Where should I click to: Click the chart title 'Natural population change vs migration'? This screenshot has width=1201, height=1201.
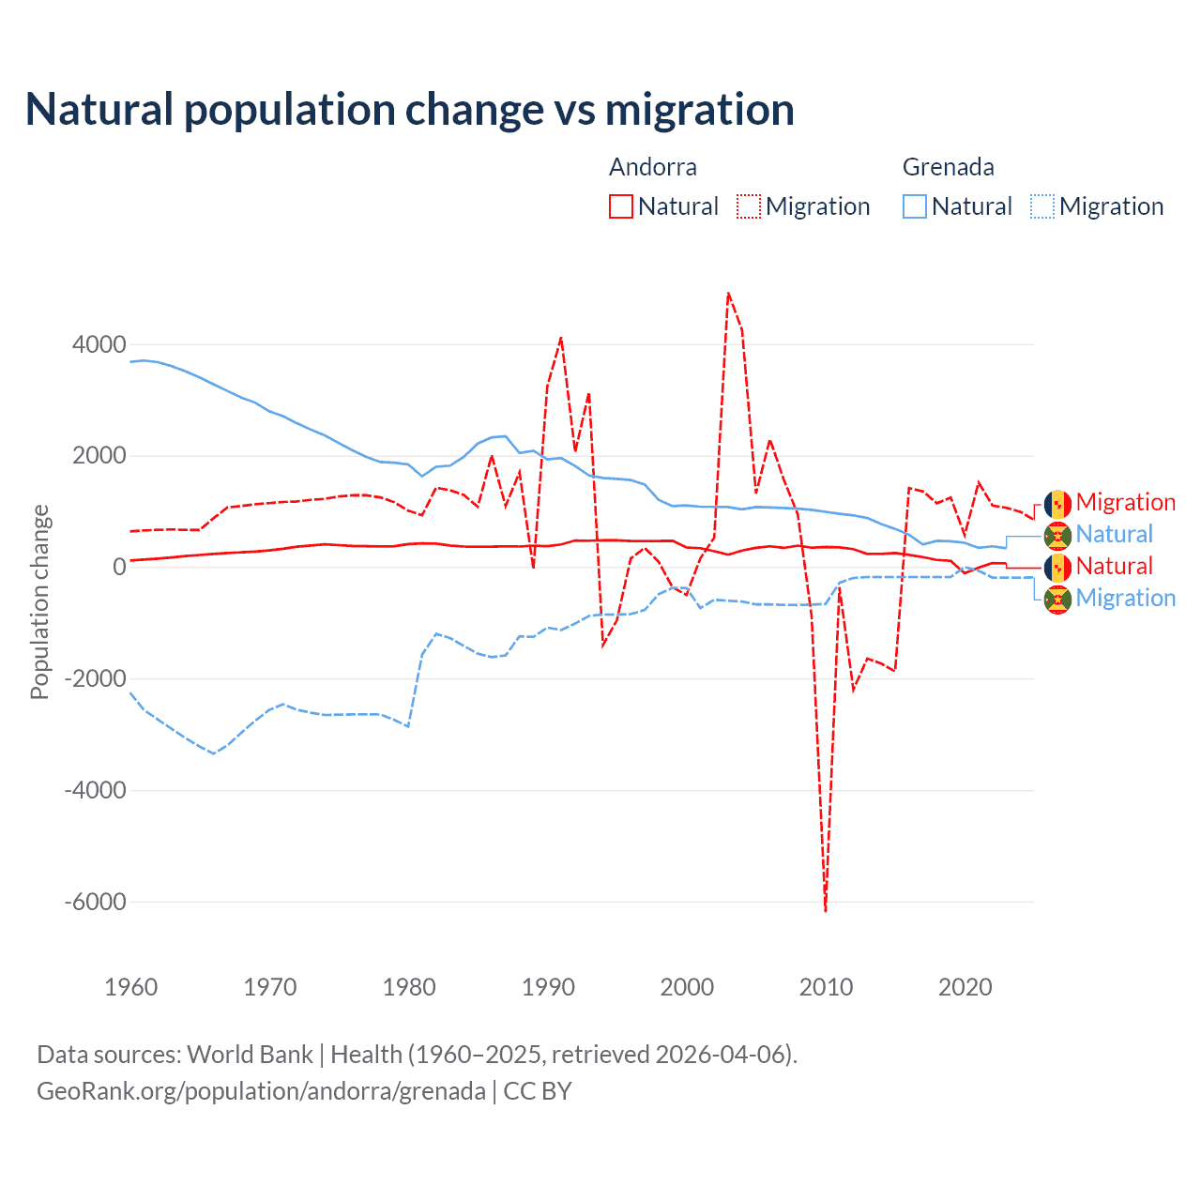coord(410,110)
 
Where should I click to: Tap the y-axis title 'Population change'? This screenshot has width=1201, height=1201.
coord(39,602)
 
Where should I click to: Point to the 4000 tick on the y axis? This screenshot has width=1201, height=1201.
coord(99,345)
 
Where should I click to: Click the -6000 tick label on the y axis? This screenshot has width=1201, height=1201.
coord(95,903)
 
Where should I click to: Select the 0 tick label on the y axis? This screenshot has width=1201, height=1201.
coord(119,568)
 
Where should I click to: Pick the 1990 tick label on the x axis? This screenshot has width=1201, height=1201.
coord(548,987)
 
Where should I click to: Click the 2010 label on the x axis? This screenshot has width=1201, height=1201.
coord(826,987)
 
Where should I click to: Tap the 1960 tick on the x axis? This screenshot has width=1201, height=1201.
coord(131,987)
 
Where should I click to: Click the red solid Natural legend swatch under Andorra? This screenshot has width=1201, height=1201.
coord(621,206)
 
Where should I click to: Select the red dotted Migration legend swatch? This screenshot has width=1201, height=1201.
coord(749,206)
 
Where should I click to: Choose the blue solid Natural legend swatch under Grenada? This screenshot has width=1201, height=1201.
coord(915,206)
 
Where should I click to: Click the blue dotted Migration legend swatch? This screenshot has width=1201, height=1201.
coord(1042,206)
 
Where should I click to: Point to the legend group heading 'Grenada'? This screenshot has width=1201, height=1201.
coord(948,167)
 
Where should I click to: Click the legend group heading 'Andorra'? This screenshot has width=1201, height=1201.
coord(653,167)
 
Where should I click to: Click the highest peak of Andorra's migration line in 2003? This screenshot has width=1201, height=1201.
coord(728,294)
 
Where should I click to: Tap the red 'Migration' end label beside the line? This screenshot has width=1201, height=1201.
coord(1125,503)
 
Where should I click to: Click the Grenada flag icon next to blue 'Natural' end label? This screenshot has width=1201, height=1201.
coord(1057,536)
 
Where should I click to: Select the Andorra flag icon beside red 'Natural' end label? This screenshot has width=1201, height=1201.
coord(1057,567)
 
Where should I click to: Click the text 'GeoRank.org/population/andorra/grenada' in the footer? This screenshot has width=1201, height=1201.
coord(261,1091)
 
